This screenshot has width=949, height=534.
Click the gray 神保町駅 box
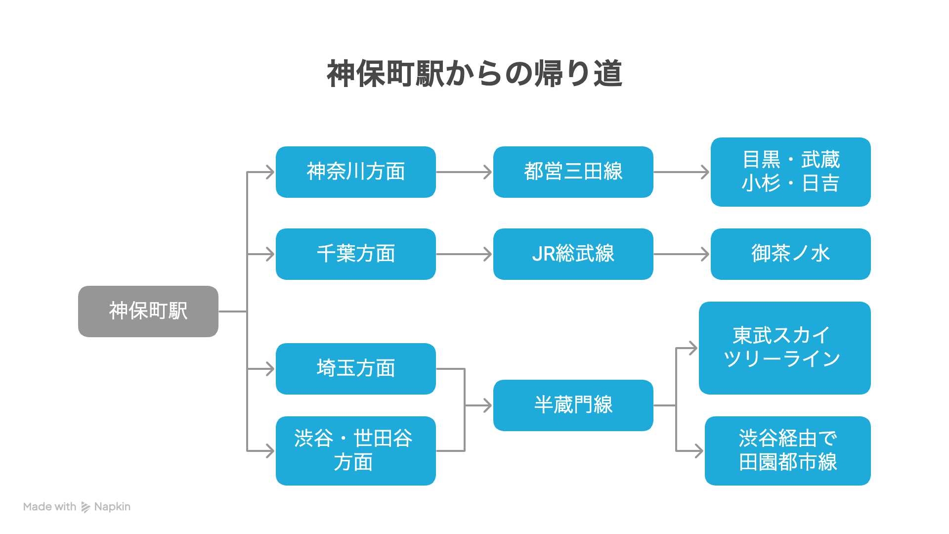click(148, 311)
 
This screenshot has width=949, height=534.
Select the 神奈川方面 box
click(356, 172)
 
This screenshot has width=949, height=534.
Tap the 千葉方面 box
click(356, 254)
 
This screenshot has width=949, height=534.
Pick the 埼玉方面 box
click(356, 369)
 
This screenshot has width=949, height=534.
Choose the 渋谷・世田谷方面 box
click(356, 451)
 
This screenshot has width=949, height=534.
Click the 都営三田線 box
click(573, 172)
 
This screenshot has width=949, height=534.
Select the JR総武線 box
click(573, 254)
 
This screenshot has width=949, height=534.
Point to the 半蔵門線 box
click(573, 405)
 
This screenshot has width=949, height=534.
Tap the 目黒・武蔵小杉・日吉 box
click(791, 172)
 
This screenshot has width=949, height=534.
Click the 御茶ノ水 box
click(791, 254)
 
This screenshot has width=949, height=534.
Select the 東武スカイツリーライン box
click(785, 348)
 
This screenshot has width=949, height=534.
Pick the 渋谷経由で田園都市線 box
click(788, 451)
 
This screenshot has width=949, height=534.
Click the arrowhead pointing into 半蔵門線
click(487, 405)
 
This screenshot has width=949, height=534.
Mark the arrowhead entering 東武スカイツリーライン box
click(693, 348)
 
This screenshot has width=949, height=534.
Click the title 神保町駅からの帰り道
click(474, 74)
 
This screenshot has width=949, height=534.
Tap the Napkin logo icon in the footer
click(86, 507)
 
